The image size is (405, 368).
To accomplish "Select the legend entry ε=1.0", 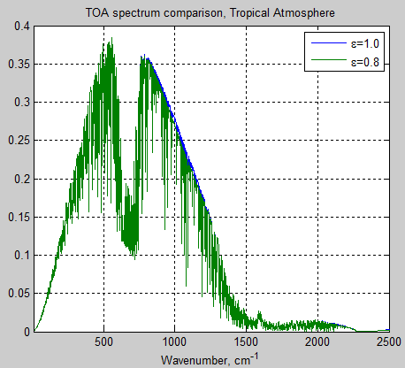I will tap(365, 42).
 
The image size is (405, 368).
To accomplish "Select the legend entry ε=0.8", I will tap(365, 62).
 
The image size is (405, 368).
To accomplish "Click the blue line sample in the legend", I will tap(324, 42).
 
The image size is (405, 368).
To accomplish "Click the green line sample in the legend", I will tap(324, 62).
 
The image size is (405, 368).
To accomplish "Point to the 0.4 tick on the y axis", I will tap(19, 27).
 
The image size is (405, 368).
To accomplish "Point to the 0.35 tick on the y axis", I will tap(17, 65).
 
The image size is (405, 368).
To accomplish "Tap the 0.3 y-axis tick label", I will tap(19, 103).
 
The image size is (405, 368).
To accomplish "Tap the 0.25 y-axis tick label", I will tap(17, 142).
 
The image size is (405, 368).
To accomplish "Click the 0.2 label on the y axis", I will tap(19, 180).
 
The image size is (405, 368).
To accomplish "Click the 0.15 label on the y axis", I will tap(17, 218).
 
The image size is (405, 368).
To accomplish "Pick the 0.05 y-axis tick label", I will tap(17, 295).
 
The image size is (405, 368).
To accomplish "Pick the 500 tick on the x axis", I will tap(104, 342).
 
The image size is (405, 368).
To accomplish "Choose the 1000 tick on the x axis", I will tap(174, 342).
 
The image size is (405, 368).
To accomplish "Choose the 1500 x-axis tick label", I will tap(245, 342).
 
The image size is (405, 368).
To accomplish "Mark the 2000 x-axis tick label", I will tap(316, 342).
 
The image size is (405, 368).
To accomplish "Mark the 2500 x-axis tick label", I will tap(385, 342).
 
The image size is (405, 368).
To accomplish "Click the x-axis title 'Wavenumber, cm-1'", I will tap(210, 359).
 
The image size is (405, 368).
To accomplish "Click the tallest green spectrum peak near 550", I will tap(111, 40).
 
